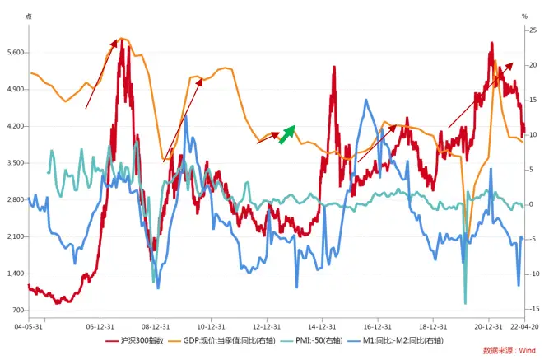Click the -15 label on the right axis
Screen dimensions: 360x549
click(x=535, y=309)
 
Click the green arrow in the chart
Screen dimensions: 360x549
click(x=286, y=134)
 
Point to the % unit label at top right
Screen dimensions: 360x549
click(x=523, y=16)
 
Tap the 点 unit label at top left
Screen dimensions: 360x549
click(x=29, y=16)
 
